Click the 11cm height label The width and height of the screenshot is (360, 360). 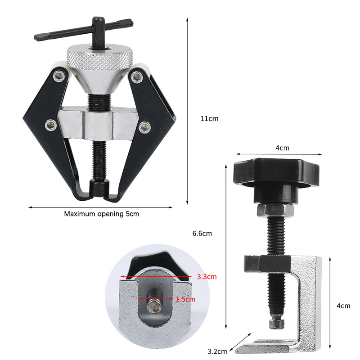(x=209, y=119)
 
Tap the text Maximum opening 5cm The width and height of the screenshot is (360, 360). (x=102, y=214)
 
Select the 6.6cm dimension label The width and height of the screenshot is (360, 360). (x=202, y=234)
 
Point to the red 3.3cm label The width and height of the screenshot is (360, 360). (x=207, y=277)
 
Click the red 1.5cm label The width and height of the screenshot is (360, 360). (x=186, y=299)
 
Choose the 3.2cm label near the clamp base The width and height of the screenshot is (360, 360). (x=217, y=351)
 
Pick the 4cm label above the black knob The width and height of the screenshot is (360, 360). (x=283, y=148)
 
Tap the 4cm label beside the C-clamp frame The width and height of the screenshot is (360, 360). (x=343, y=306)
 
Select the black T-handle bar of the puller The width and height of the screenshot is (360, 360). (x=84, y=30)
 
